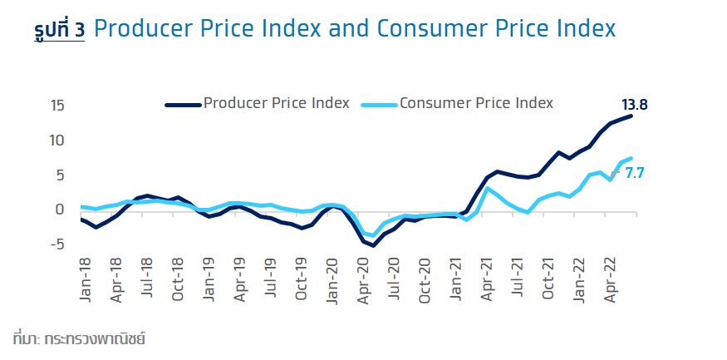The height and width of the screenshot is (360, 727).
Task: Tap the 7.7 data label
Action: [x=635, y=174]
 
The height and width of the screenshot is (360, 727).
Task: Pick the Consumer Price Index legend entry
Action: [x=476, y=103]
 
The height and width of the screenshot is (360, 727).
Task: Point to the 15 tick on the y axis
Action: [x=57, y=106]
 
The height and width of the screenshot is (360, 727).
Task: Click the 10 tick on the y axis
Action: [x=57, y=141]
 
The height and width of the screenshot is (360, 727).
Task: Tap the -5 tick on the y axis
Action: [x=56, y=244]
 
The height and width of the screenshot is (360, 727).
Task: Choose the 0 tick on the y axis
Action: [x=61, y=210]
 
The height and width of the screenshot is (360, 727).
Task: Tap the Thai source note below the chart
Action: [x=80, y=339]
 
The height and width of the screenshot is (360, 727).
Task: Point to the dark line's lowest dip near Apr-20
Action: [x=374, y=245]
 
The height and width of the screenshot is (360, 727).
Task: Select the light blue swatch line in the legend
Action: [x=379, y=104]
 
